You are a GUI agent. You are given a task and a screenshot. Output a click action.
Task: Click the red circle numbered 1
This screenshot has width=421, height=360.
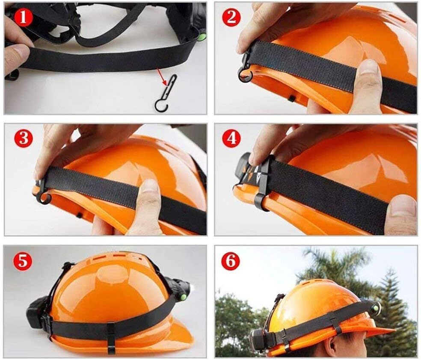point(24,18)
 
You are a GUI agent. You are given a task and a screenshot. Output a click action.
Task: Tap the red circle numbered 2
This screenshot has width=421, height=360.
point(231,17)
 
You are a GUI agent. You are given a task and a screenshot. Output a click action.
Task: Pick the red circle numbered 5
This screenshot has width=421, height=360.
point(24,260)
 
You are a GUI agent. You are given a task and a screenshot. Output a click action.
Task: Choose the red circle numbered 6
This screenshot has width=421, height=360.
point(231,260)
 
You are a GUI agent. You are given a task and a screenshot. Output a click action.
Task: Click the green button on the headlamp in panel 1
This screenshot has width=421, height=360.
point(202,37)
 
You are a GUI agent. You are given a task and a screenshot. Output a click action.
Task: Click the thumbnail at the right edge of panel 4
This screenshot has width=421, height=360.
point(400,206)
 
